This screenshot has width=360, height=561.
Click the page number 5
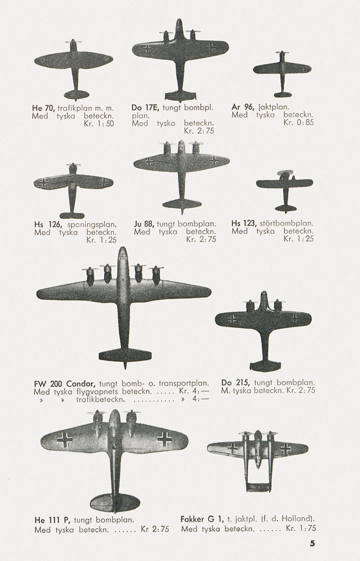tap(312, 543)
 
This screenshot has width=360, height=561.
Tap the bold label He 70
tap(44, 107)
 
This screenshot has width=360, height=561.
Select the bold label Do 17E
tap(145, 107)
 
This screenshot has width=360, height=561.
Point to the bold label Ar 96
tap(242, 107)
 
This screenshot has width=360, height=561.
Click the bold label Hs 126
tap(47, 224)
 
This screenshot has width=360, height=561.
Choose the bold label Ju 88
tap(144, 223)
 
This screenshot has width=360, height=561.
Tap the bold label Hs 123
tap(244, 223)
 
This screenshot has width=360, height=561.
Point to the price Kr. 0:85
tap(298, 122)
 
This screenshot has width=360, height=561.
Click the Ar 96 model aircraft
tap(282, 70)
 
